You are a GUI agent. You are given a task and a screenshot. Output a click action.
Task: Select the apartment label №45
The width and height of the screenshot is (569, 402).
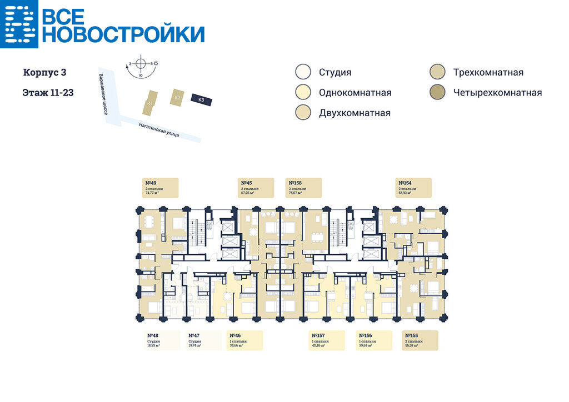pos(256,188)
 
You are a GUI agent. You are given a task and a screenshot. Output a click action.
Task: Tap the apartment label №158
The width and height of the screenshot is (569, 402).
pos(303,188)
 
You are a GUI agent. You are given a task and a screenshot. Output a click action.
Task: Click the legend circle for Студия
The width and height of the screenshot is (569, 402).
pos(303,72)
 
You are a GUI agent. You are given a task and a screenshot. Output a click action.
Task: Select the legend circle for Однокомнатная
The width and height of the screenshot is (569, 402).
pos(303,93)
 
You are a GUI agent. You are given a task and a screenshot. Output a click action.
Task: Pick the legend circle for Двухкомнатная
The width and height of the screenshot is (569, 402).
pos(303,113)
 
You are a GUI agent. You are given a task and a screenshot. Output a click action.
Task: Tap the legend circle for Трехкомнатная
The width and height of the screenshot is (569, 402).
pos(437,72)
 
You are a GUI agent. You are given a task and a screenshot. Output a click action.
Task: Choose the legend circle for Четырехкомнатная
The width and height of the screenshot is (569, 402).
pos(437,93)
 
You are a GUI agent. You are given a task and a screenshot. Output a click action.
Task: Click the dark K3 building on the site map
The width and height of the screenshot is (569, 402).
pos(201,99)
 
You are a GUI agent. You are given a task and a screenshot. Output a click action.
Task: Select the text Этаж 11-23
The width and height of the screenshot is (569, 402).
pos(48,93)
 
